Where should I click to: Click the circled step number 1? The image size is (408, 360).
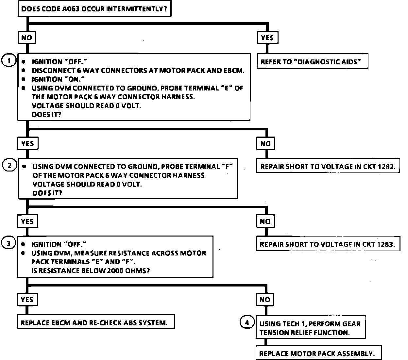pos(8,60)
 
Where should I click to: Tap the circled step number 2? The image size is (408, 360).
pos(9,165)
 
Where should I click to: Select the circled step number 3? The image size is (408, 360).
pos(8,243)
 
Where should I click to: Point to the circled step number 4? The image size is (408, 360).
pos(247,322)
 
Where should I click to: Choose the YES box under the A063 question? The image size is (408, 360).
pos(267,38)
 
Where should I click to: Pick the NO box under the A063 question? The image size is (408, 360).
pos(27,38)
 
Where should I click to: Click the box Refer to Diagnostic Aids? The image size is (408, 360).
pos(312,61)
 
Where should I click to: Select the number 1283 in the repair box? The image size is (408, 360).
pos(385,244)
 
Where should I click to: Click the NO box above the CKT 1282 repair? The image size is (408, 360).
pos(265,143)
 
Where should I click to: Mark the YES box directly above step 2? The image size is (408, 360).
pos(28,143)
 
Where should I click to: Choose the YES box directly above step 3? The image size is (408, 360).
pos(27,221)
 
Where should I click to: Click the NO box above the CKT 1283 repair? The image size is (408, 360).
pos(265,221)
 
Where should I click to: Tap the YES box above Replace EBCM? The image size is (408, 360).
pos(27,300)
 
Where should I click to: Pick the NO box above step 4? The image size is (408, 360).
pos(265,300)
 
